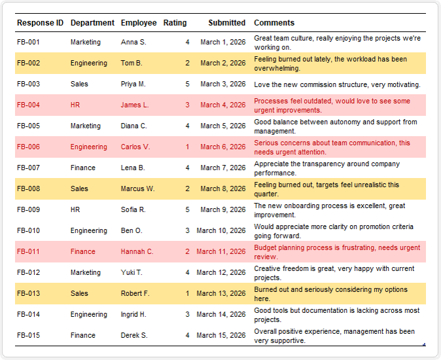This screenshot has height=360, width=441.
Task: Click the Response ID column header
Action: click(40, 23)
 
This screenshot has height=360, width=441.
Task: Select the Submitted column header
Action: click(226, 23)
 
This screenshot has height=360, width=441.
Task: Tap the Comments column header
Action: click(274, 23)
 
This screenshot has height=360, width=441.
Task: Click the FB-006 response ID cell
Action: click(28, 147)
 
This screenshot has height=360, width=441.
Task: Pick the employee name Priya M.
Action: click(133, 84)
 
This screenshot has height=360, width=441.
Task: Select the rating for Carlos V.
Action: click(187, 147)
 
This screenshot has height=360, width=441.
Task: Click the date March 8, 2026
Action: click(222, 189)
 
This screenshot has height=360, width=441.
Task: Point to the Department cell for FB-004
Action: click(75, 105)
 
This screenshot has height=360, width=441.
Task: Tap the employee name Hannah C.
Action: click(137, 251)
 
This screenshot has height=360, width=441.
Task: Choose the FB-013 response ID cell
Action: click(28, 293)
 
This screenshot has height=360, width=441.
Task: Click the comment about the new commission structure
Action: click(337, 84)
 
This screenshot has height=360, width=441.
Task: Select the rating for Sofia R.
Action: click(187, 209)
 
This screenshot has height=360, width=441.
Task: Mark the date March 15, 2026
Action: click(220, 335)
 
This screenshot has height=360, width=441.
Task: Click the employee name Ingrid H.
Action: click(133, 314)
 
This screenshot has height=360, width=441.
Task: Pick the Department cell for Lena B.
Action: click(82, 168)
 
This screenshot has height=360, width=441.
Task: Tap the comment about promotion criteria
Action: click(334, 231)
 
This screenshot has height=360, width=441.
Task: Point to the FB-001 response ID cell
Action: click(28, 42)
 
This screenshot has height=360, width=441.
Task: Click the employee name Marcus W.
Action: click(137, 189)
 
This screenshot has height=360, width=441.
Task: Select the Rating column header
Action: click(175, 23)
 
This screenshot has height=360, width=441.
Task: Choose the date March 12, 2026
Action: click(220, 272)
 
